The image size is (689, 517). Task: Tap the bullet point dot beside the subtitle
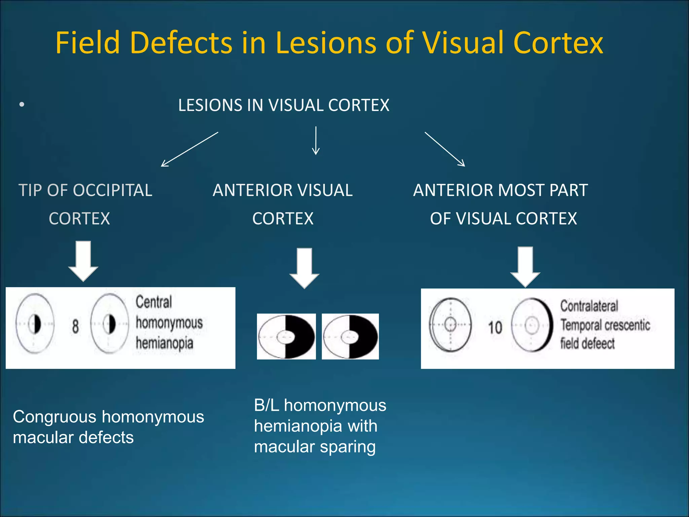[x=22, y=105]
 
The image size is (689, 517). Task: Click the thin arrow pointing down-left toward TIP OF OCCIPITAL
[x=189, y=149]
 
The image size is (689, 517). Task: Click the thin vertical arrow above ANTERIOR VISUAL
[x=316, y=141]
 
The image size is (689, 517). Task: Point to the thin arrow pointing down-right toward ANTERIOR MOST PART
[x=445, y=149]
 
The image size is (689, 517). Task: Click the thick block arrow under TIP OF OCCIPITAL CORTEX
[x=83, y=261]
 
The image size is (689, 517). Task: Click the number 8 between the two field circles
[x=75, y=326]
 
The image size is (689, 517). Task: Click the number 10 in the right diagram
[x=495, y=328]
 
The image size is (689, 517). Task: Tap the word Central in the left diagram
[x=154, y=302]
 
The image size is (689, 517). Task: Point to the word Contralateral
[x=589, y=306]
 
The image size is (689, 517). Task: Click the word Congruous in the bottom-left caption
[x=55, y=417]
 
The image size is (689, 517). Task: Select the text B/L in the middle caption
[x=266, y=405]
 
